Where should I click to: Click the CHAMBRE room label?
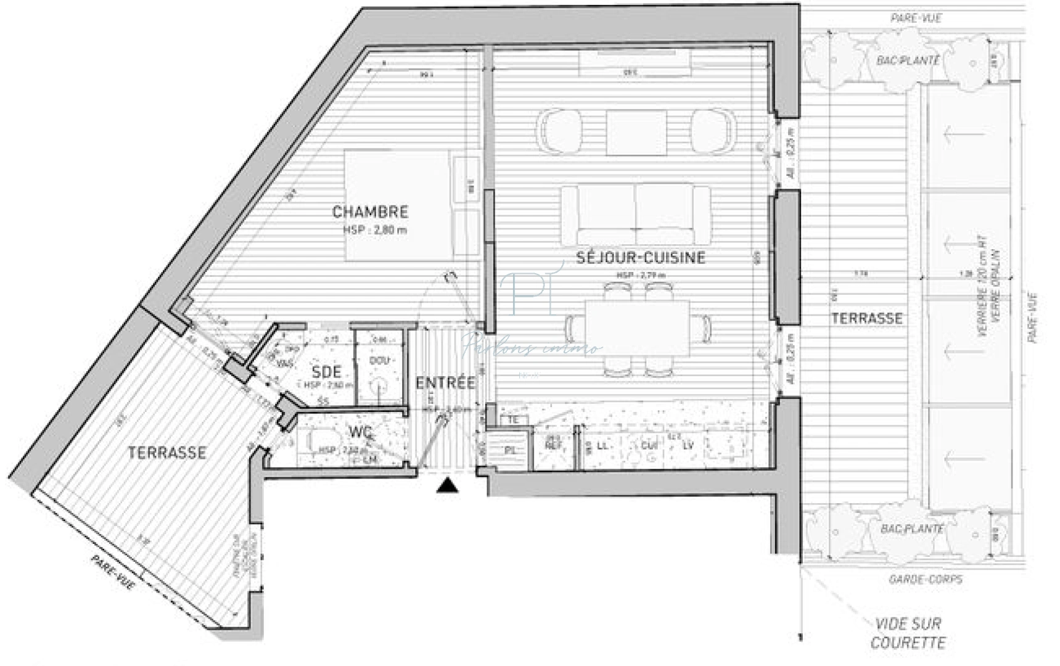[370, 212]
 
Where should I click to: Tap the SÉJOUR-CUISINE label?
[641, 257]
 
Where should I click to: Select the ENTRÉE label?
[445, 382]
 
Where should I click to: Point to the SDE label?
[326, 371]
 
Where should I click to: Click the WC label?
[360, 431]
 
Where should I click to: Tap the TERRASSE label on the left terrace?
[166, 453]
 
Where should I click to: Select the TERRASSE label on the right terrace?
[866, 318]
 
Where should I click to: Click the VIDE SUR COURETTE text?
[908, 633]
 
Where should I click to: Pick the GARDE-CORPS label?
[925, 579]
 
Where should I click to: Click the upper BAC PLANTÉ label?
[908, 60]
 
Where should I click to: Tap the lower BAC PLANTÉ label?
[911, 528]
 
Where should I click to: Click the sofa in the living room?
[635, 214]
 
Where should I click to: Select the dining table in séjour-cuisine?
[636, 327]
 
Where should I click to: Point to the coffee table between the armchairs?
[636, 132]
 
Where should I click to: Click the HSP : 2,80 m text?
[375, 230]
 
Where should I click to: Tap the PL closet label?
[511, 451]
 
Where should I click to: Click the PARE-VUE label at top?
[916, 18]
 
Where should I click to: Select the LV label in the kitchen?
[688, 445]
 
